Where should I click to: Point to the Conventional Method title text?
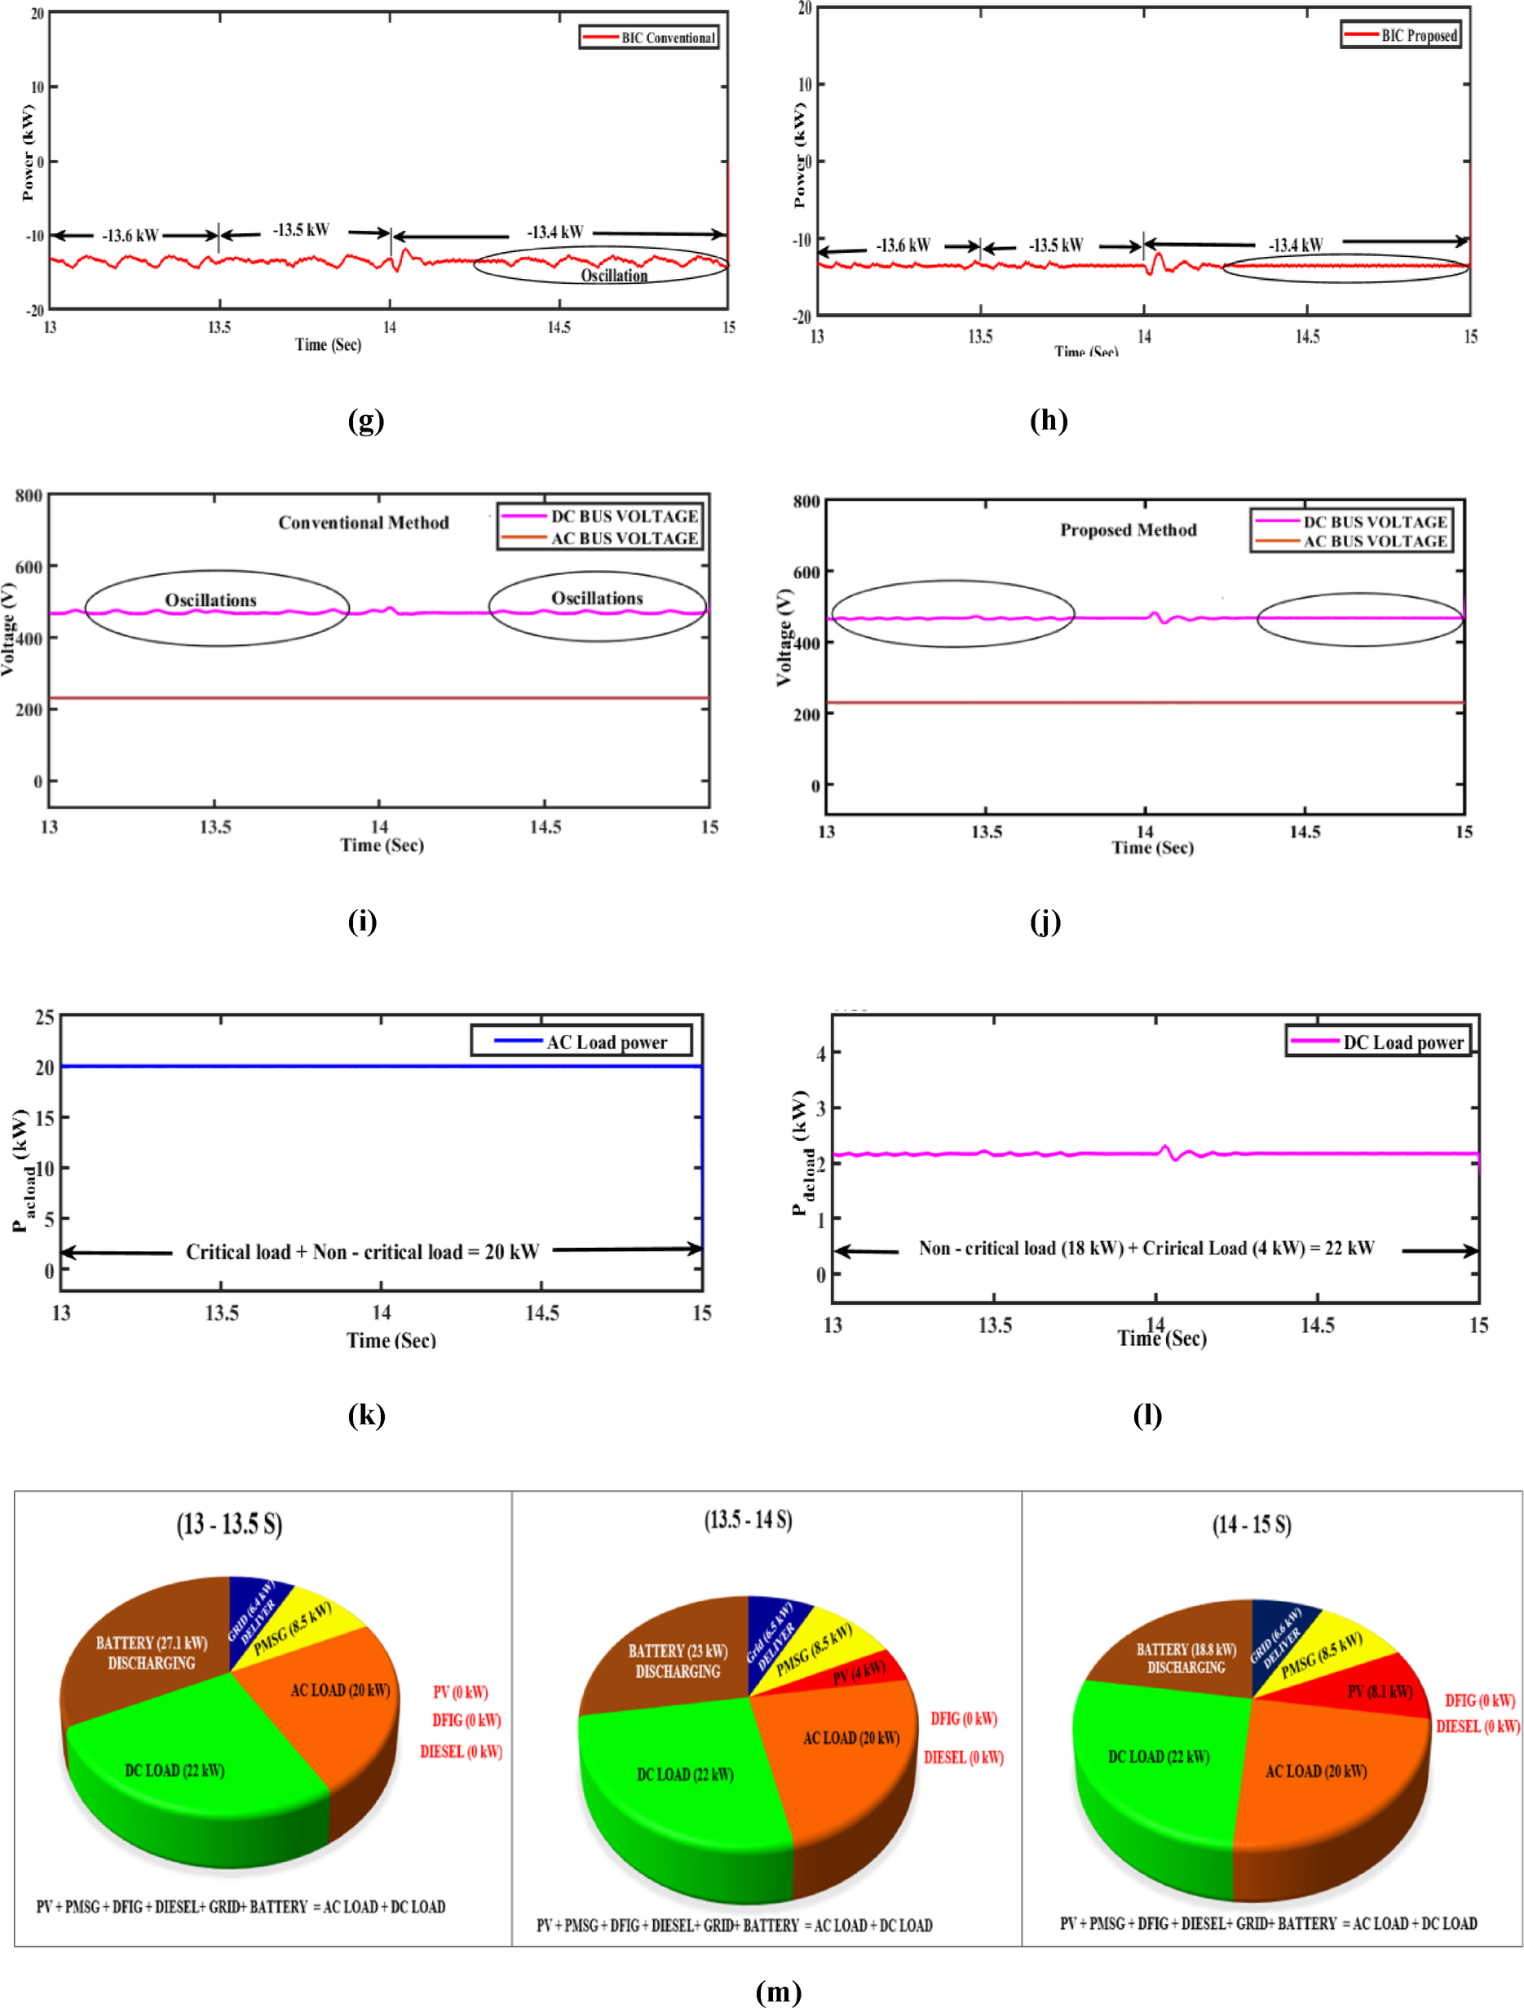click(x=363, y=523)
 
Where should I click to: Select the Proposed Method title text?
click(x=1128, y=530)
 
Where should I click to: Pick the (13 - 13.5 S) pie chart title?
click(x=229, y=1524)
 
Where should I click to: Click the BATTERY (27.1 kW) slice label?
click(x=152, y=1652)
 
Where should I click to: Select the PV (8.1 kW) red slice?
click(x=1379, y=1692)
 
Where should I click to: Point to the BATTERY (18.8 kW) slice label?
click(x=1186, y=1657)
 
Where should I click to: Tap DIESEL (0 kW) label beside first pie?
click(x=460, y=1752)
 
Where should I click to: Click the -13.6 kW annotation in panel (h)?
click(x=902, y=245)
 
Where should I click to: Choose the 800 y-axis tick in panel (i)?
click(x=29, y=496)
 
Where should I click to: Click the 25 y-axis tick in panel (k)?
click(x=45, y=1018)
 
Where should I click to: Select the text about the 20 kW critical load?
click(x=362, y=1252)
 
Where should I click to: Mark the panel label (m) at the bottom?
click(x=778, y=1992)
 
